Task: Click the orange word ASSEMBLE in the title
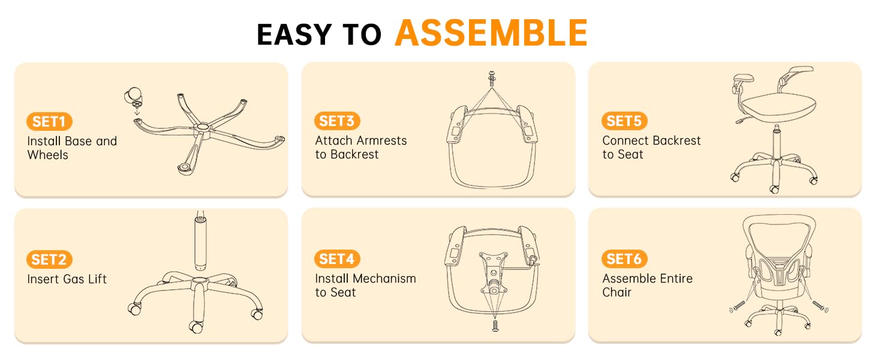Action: click(491, 33)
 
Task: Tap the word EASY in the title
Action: click(294, 35)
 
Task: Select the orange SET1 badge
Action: click(49, 122)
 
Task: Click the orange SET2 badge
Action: click(49, 260)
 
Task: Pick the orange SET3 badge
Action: click(337, 121)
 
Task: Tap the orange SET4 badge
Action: click(337, 259)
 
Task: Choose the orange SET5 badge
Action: click(624, 121)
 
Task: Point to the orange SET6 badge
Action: click(624, 259)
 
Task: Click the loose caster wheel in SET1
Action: click(134, 97)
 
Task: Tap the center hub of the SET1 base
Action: click(203, 127)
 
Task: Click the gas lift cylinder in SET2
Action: click(200, 241)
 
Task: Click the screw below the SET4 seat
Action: click(495, 325)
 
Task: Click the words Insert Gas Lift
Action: click(67, 279)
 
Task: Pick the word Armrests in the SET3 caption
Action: click(380, 140)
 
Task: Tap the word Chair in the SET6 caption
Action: click(617, 292)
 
